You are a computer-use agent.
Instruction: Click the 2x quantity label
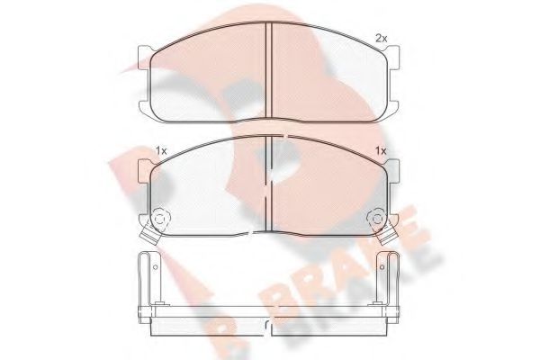381,38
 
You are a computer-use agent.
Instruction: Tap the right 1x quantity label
381,150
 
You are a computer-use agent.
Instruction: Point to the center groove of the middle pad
269,184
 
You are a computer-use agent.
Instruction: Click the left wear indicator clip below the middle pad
151,237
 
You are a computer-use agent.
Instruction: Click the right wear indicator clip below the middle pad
388,237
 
